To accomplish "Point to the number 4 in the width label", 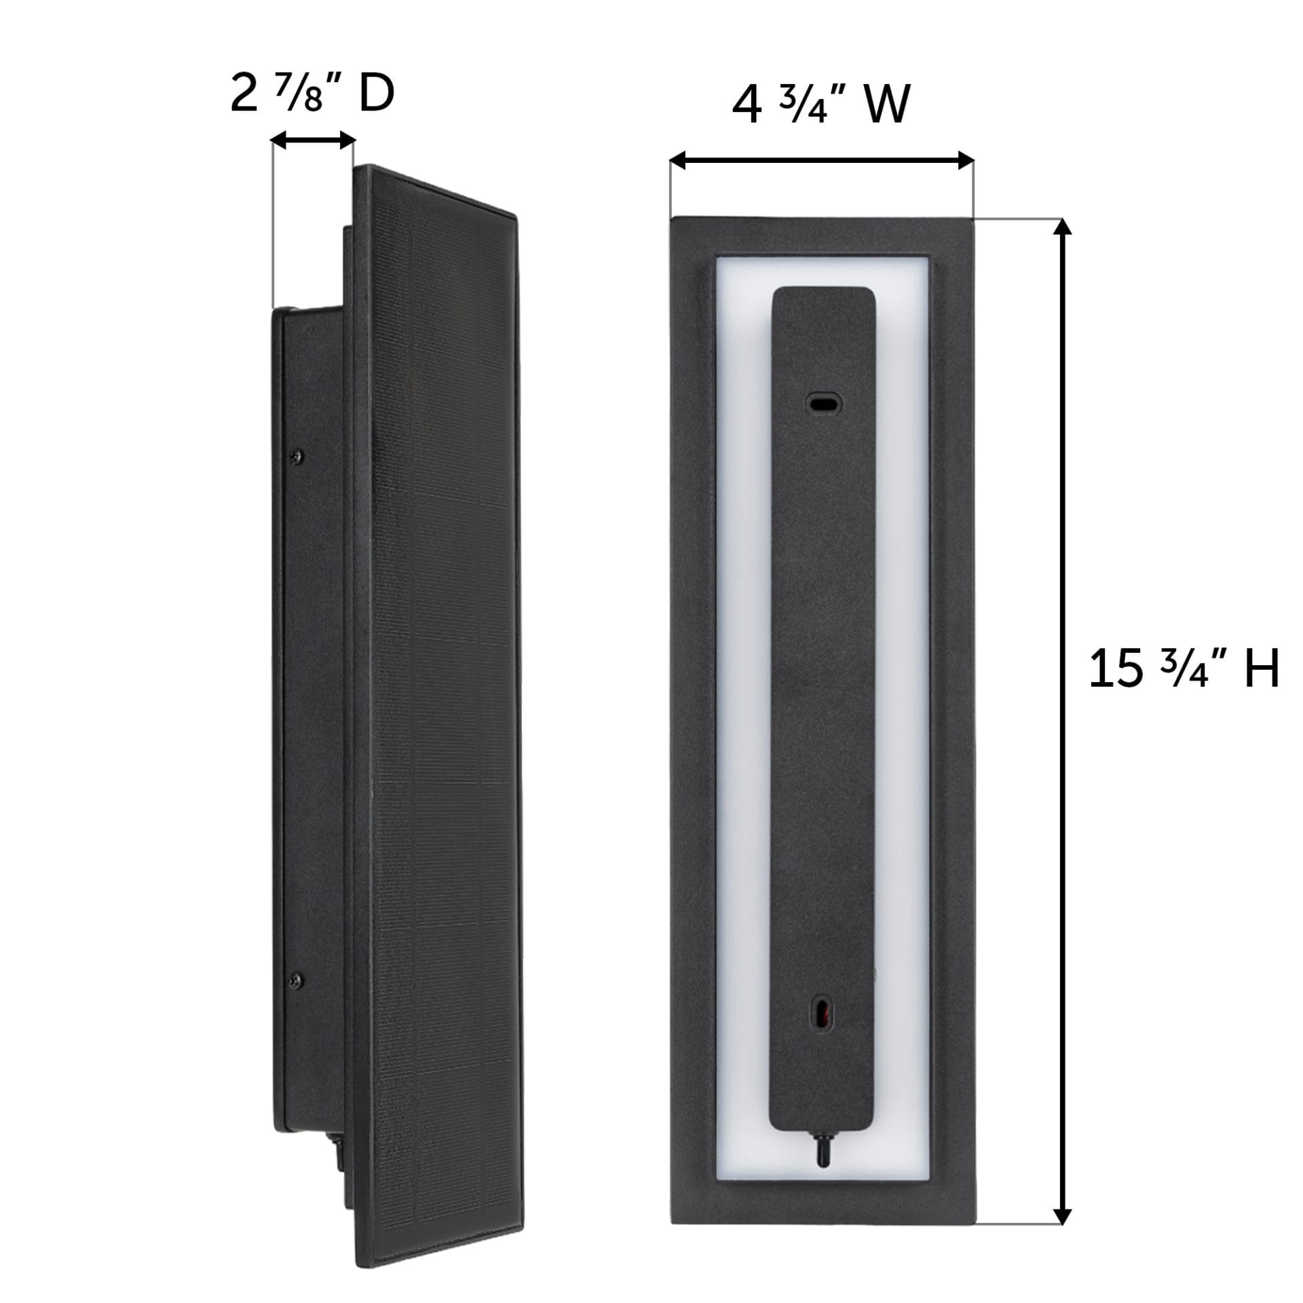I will [x=747, y=107].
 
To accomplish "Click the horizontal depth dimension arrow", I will [x=313, y=140].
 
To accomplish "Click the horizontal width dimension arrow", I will [x=822, y=161].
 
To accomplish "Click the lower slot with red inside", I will [x=823, y=1014].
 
